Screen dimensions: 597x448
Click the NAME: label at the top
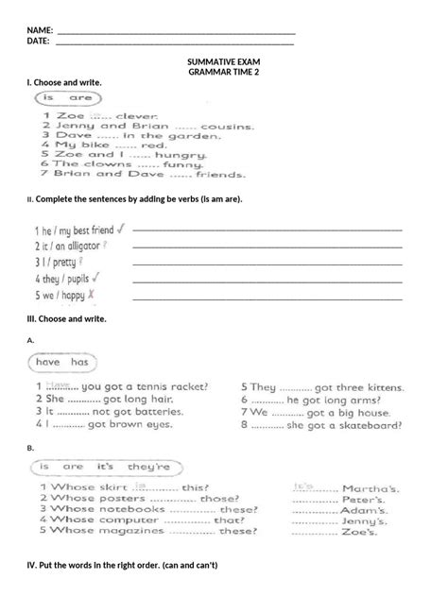(40, 31)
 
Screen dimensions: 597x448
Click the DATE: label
(38, 42)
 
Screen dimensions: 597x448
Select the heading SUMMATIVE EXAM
(223, 62)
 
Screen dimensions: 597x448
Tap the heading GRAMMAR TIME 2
(223, 73)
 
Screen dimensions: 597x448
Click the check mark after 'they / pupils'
(96, 279)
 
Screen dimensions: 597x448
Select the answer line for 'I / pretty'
(267, 264)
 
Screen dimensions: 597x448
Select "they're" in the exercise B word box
(149, 467)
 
